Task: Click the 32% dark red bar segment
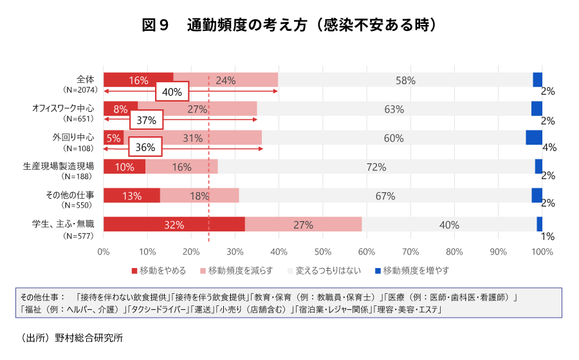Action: pyautogui.click(x=174, y=224)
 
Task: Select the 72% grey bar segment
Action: pyautogui.click(x=376, y=166)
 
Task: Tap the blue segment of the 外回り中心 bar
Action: pyautogui.click(x=533, y=138)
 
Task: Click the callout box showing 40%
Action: pyautogui.click(x=172, y=92)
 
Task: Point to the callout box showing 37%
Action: pyautogui.click(x=146, y=120)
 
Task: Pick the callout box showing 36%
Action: pyautogui.click(x=145, y=147)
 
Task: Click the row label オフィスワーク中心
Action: pyautogui.click(x=63, y=108)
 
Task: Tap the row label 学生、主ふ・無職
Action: pyautogui.click(x=63, y=224)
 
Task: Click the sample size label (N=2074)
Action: pyautogui.click(x=80, y=90)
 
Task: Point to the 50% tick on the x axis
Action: pyautogui.click(x=322, y=252)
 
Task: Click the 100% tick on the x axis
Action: pyautogui.click(x=542, y=252)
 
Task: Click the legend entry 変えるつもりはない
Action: pyautogui.click(x=328, y=271)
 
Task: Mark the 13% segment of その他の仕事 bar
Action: pyautogui.click(x=131, y=195)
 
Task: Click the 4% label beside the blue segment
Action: pyautogui.click(x=549, y=147)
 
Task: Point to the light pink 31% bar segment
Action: pyautogui.click(x=192, y=138)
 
